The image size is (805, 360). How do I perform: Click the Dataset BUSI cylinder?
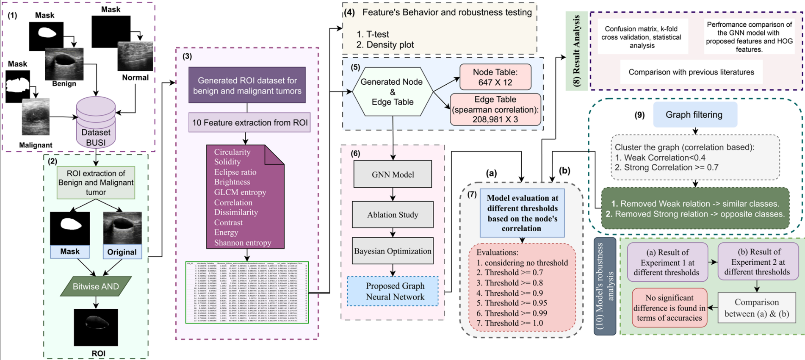[96, 123]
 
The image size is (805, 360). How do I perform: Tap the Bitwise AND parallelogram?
[96, 286]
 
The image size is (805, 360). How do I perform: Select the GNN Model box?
[393, 174]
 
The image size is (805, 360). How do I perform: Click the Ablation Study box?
[393, 215]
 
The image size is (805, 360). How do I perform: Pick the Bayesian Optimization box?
[393, 251]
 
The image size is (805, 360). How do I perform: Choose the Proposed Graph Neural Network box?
[393, 291]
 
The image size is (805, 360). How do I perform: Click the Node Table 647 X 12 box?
[495, 77]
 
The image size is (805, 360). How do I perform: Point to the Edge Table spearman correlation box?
[495, 109]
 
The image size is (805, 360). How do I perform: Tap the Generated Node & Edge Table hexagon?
[393, 91]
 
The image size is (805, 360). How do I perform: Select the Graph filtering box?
[695, 115]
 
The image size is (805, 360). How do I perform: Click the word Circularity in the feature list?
[232, 152]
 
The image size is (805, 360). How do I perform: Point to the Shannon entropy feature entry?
[242, 243]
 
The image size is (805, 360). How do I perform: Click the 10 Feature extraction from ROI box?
[249, 123]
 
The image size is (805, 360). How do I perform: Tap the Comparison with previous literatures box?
[691, 72]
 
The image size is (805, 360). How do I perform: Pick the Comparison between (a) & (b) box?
[756, 308]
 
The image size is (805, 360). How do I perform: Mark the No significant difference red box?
[669, 308]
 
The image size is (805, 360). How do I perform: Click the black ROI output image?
[96, 327]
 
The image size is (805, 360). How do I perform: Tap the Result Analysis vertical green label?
[576, 51]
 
